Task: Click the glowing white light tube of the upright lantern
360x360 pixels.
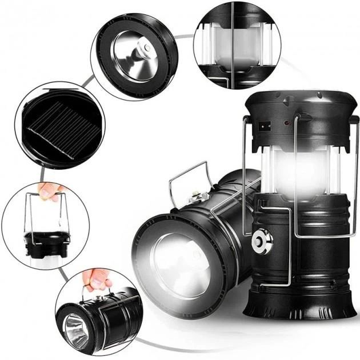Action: tap(297, 171)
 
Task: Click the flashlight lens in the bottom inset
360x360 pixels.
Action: tap(75, 331)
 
